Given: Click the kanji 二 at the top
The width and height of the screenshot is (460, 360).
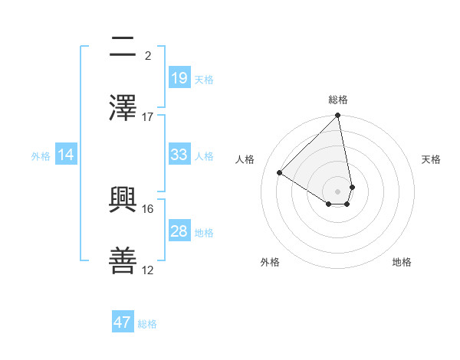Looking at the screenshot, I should pos(123,47).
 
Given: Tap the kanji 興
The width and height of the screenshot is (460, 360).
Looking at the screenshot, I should pos(123,200).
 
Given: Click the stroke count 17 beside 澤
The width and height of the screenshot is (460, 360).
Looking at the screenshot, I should pos(148,116).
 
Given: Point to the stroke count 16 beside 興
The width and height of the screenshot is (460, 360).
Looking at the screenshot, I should pos(148,208).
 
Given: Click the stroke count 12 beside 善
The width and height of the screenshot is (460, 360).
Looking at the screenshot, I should pos(148,270).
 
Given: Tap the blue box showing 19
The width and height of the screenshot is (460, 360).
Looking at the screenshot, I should pos(179,78).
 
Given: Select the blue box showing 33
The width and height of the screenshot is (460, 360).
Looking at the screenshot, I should pos(179,155).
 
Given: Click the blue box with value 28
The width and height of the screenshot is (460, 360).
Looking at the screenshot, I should pos(179,231).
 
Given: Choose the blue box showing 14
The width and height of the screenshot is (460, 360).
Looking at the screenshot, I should pos(66,155).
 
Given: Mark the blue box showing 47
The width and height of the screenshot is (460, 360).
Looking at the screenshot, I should pos(123,322).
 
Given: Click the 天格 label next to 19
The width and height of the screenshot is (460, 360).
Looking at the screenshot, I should pos(204,79).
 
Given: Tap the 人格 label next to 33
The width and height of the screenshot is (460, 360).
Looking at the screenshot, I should pos(204,155).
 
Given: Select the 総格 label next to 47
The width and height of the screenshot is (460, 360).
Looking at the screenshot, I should pos(147,323).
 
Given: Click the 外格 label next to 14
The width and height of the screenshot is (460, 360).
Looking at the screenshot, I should pos(41,155).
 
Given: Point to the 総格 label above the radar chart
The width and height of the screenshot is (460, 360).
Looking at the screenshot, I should pos(338,100).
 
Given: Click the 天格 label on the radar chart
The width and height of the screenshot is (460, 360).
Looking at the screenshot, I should pos(431,159).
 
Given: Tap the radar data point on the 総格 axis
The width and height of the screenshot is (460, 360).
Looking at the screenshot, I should pos(337,116).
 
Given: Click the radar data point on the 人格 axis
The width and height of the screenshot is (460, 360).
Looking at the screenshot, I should pos(280,173).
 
